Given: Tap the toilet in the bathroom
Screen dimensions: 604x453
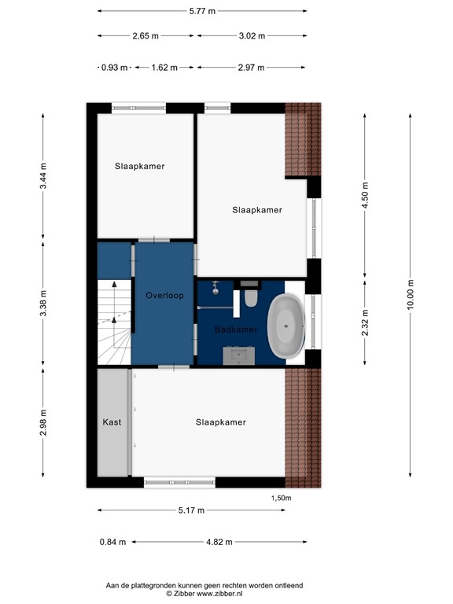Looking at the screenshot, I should [251, 298].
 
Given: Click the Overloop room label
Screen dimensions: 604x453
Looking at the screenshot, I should [164, 296].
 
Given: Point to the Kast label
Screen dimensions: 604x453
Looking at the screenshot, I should [112, 422].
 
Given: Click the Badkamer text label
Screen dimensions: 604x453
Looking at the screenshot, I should [236, 330].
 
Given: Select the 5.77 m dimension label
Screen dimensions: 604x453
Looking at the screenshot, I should [202, 12].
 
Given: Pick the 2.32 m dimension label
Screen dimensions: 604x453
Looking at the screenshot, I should [364, 322].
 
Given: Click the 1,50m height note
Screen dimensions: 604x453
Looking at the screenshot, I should [281, 498].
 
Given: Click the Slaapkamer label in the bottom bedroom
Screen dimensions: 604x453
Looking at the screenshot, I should [220, 422].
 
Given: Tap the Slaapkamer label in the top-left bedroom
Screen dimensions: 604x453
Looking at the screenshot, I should [139, 166].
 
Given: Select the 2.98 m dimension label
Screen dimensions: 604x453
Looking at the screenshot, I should [44, 422].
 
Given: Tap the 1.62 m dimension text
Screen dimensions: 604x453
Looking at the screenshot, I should [165, 68].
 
